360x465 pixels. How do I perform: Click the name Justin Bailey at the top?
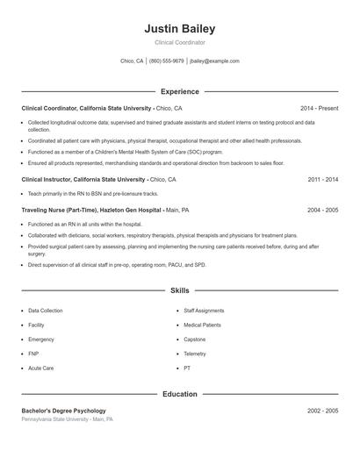[179, 28]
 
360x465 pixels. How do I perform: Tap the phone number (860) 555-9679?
[167, 61]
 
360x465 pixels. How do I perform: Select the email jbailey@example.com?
[214, 61]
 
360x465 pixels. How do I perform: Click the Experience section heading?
[179, 91]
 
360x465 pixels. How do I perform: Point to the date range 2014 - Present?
[319, 108]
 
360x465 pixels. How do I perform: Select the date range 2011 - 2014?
[323, 179]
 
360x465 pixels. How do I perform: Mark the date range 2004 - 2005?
[323, 211]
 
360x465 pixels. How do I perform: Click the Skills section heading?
[179, 290]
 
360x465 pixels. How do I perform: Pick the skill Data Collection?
[46, 311]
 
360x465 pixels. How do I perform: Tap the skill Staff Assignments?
[204, 311]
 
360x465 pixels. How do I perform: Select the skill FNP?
[34, 354]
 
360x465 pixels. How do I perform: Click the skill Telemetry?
[195, 354]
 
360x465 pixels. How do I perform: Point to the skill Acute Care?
[41, 368]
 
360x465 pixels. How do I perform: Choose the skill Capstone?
[195, 340]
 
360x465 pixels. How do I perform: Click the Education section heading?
[179, 395]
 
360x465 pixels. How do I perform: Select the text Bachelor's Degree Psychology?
[63, 411]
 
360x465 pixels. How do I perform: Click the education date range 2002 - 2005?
[323, 411]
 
